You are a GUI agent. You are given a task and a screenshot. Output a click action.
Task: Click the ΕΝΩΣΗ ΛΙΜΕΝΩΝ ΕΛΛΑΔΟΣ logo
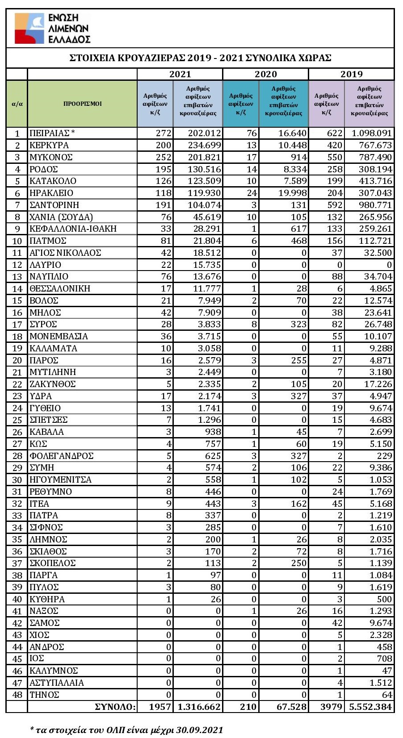[x=52, y=28]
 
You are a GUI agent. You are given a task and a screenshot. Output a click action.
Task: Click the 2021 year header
[x=180, y=74]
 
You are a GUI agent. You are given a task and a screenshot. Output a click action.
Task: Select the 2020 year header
[x=266, y=74]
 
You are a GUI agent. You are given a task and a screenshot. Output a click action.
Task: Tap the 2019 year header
[x=352, y=74]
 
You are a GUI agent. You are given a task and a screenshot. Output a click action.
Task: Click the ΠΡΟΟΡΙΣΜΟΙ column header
[x=83, y=104]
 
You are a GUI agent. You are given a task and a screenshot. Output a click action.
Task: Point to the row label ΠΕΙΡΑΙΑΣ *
[x=52, y=133]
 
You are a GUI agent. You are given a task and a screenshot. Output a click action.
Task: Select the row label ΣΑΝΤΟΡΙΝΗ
[x=54, y=205]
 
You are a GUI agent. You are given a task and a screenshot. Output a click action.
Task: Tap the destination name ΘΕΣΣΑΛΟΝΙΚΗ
[x=59, y=288]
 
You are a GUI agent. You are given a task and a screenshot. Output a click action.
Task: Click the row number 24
[x=17, y=408]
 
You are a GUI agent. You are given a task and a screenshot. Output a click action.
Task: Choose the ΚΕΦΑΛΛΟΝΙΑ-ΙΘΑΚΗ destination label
[x=73, y=229]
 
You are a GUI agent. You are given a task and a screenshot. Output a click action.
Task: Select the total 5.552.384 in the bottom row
[x=370, y=707]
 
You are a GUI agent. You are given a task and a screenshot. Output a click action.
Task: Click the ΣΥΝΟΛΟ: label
[x=115, y=707]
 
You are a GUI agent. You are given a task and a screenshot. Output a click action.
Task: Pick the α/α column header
[x=17, y=104]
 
